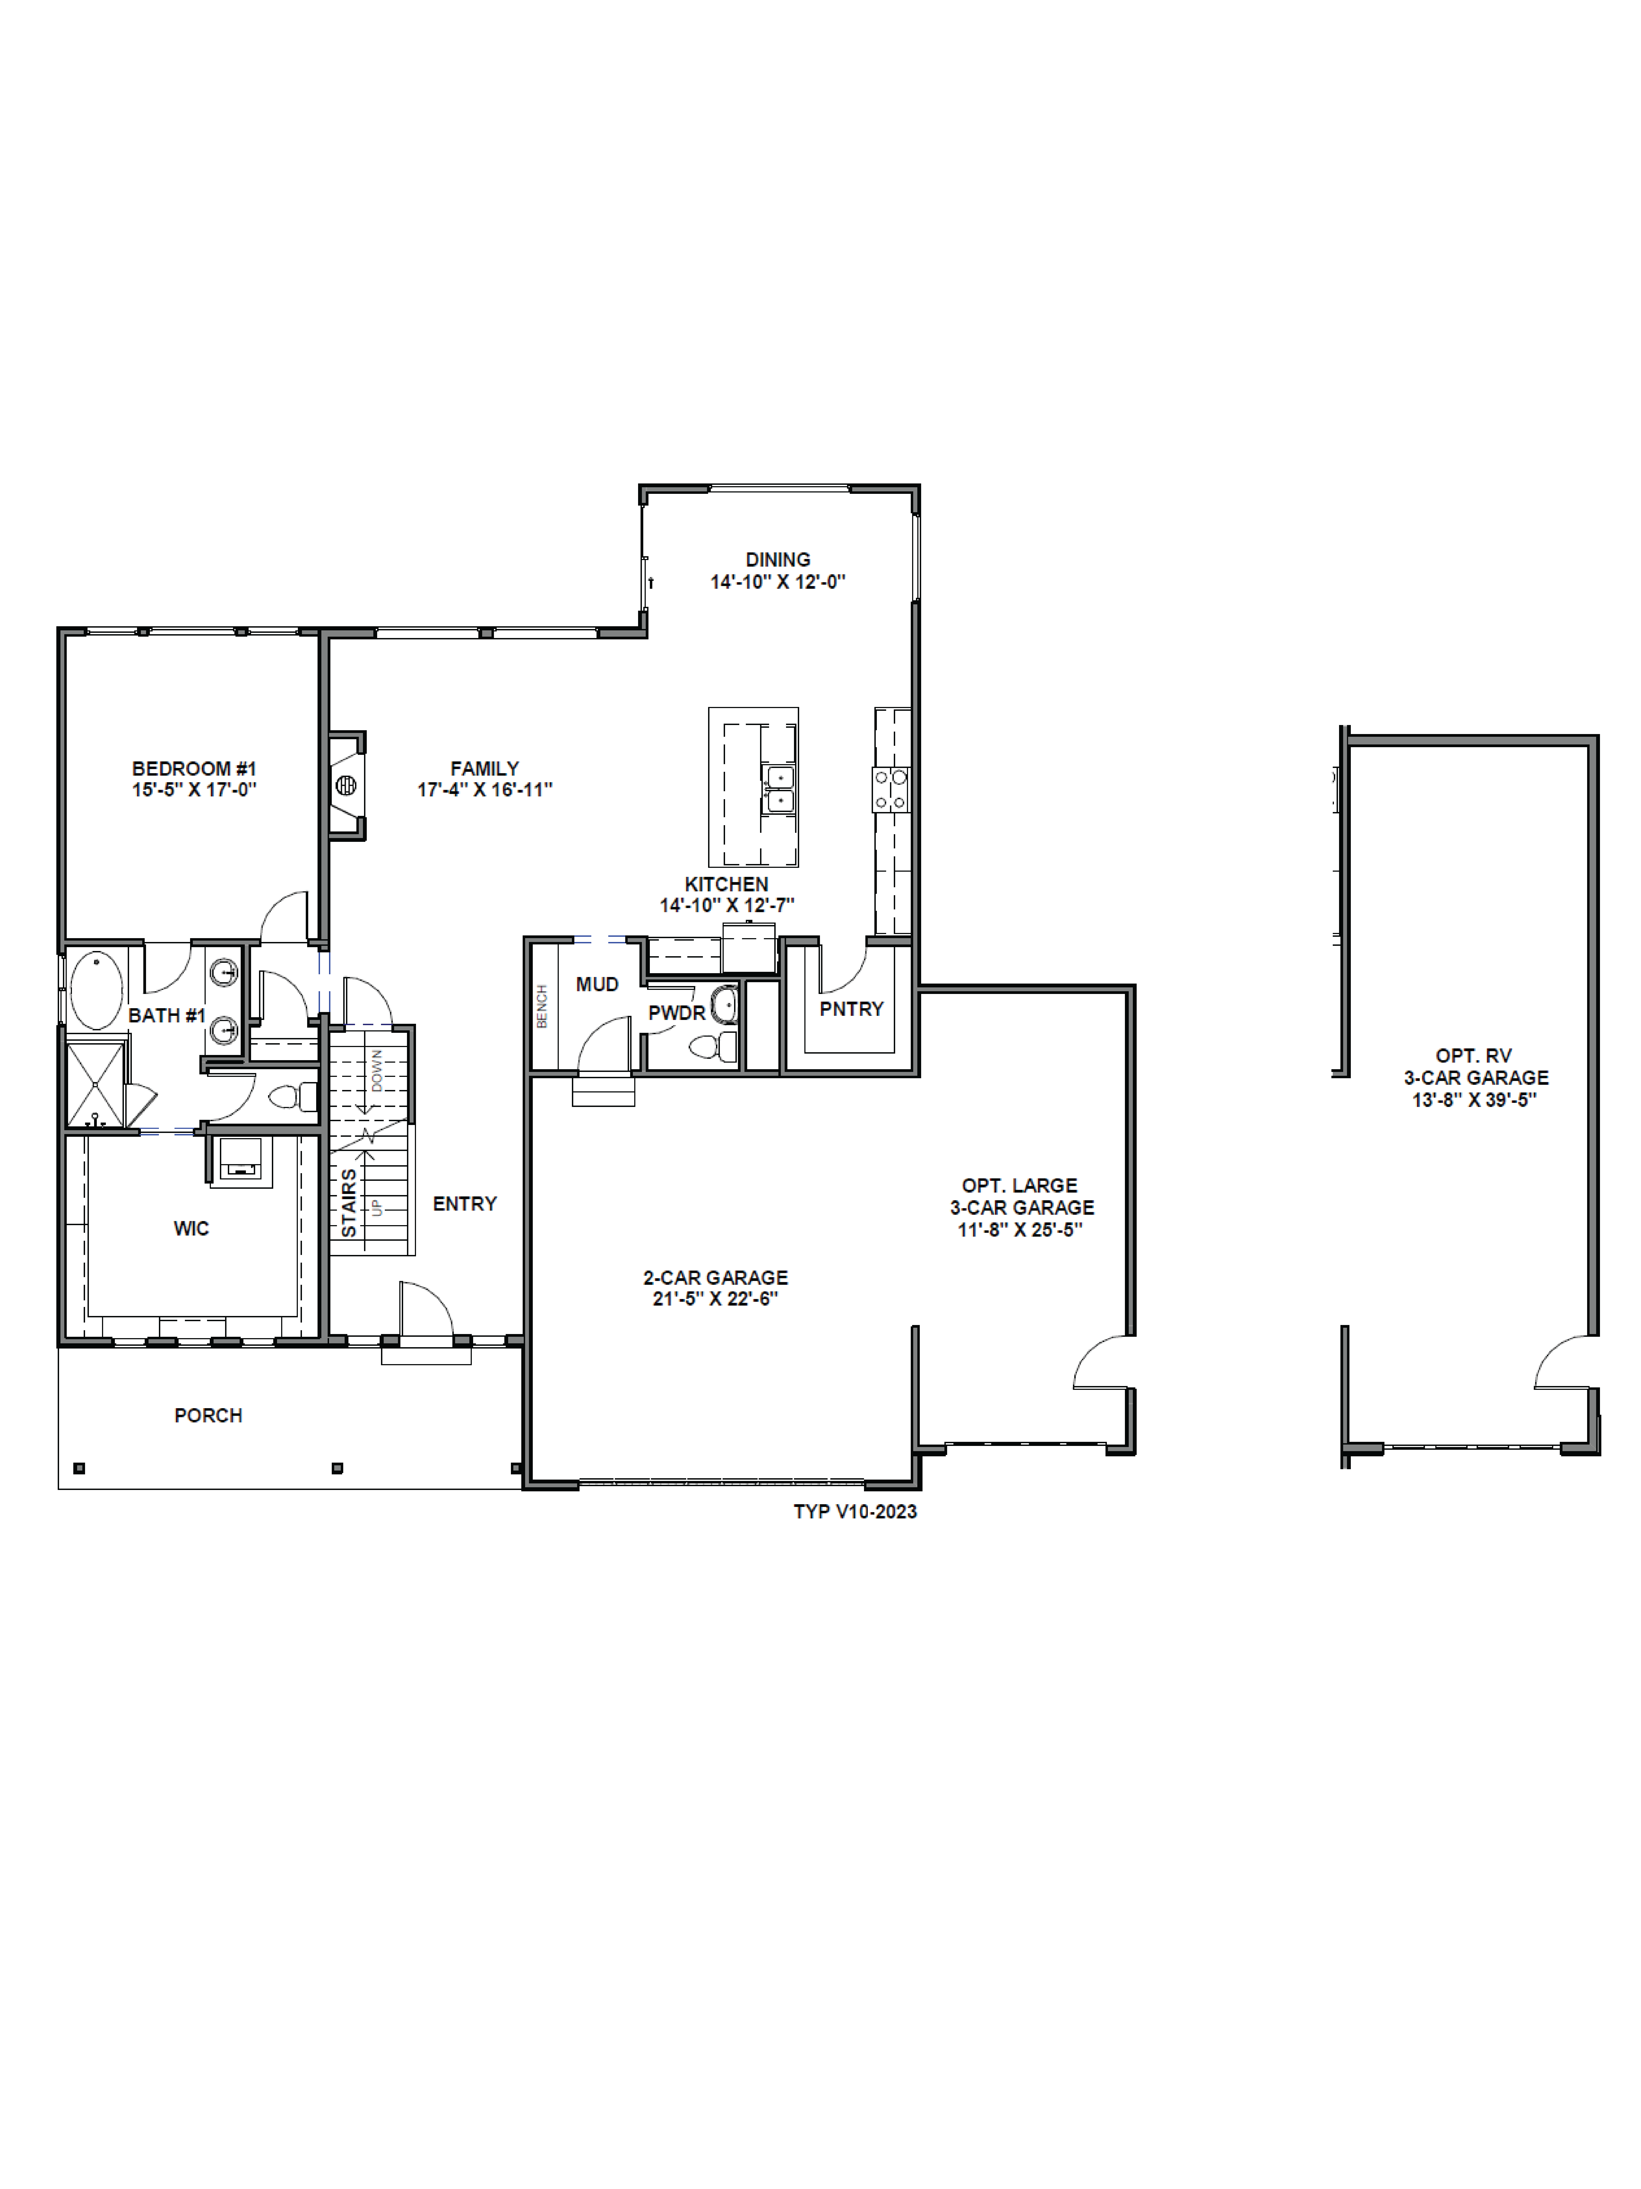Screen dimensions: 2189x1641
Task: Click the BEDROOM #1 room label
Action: pos(194,768)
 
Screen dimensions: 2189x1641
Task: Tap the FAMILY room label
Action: pos(484,768)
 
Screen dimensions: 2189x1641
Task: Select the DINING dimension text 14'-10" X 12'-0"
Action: pos(778,582)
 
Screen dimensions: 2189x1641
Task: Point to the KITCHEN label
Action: pos(726,884)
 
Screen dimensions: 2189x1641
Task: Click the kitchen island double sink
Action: pos(778,788)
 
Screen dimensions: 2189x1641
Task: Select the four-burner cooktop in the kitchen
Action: pos(890,790)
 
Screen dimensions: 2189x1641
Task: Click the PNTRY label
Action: pos(851,1008)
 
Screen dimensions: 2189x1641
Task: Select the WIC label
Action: pos(191,1228)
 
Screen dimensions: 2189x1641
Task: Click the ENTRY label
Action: pos(464,1203)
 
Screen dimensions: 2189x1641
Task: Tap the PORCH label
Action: pos(208,1415)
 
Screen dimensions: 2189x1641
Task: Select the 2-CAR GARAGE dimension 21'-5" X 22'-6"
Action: pos(715,1298)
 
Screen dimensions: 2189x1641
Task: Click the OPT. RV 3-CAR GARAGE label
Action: pos(1475,1077)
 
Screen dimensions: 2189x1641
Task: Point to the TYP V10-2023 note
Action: pos(855,1511)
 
